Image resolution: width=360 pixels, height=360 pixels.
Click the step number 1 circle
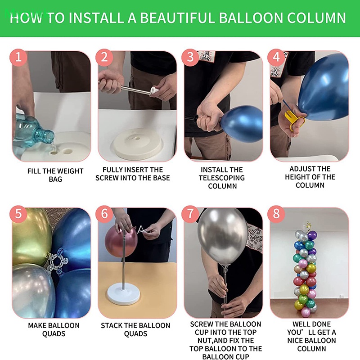[18, 58]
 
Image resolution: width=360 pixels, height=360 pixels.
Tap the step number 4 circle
[276, 58]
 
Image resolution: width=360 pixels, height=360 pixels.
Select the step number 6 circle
[104, 214]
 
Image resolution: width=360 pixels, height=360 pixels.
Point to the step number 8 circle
[276, 214]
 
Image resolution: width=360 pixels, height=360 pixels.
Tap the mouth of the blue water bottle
[50, 136]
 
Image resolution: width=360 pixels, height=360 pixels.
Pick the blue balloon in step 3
[242, 124]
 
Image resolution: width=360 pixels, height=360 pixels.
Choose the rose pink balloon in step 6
[121, 242]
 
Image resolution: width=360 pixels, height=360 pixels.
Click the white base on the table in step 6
[123, 294]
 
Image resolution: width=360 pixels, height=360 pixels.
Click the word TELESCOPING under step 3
[221, 178]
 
